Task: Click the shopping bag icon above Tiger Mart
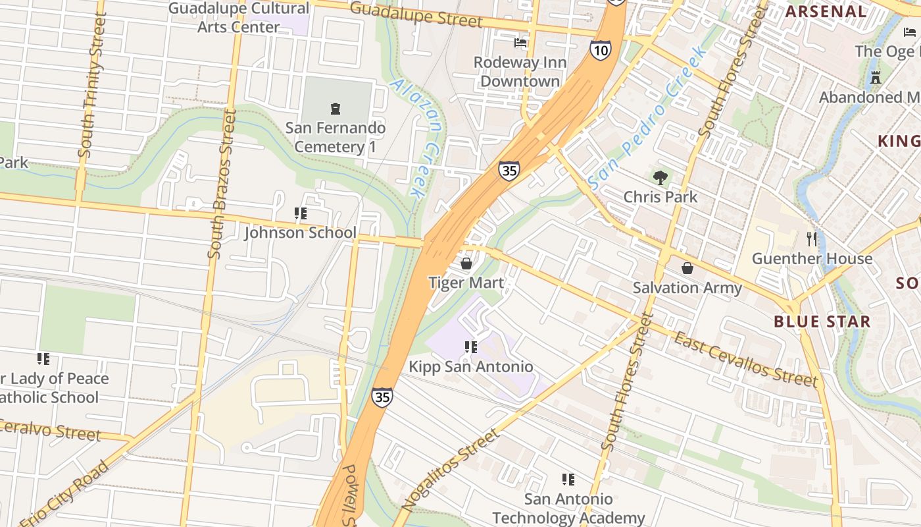point(466,263)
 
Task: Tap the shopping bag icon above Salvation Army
point(687,268)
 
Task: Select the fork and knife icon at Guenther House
point(812,238)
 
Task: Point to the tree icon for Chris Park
point(660,177)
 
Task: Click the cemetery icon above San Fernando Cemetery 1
point(336,108)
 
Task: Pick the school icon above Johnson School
point(301,213)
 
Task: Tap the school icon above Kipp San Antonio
point(470,347)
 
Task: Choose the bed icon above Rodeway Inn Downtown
point(520,43)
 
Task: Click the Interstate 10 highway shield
point(600,50)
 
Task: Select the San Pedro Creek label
point(647,117)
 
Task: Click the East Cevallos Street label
point(746,360)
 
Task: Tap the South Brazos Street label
point(222,184)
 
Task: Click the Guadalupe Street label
point(416,14)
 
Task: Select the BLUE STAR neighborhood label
point(822,321)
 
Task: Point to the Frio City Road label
point(64,493)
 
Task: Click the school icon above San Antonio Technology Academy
point(568,479)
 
